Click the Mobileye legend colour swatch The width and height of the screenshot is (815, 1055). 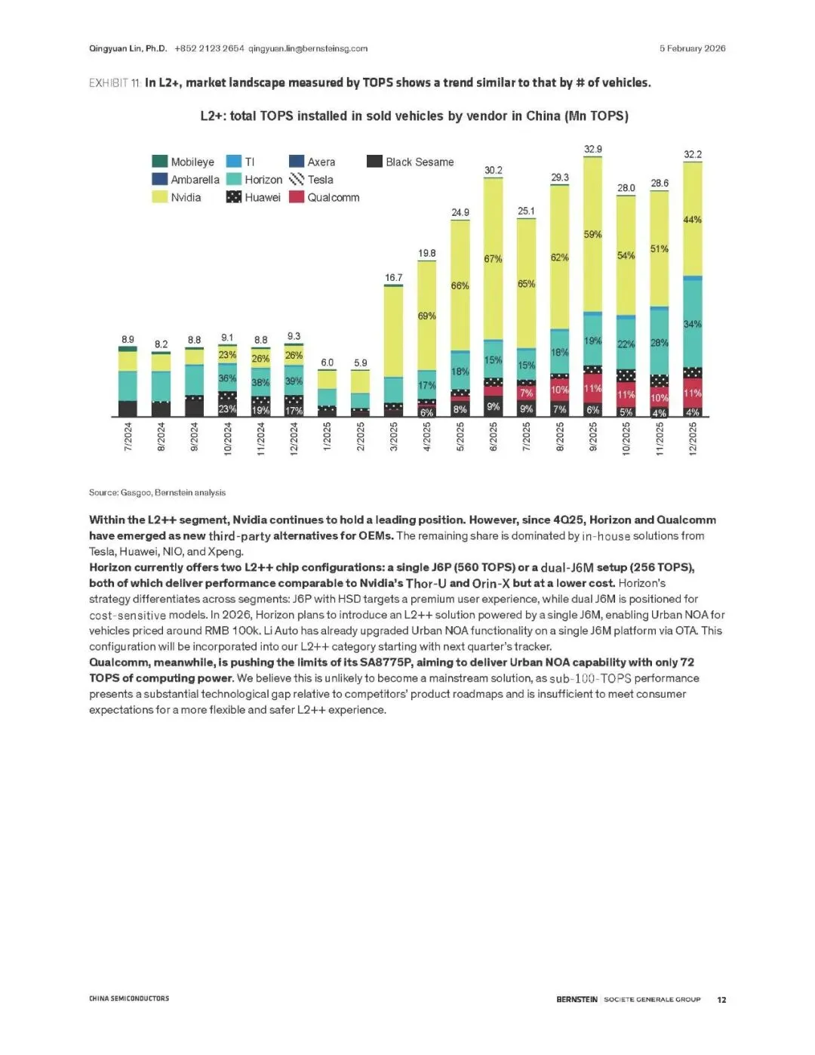click(159, 162)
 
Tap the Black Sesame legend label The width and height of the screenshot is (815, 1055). click(420, 162)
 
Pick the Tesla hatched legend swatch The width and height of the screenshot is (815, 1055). click(297, 180)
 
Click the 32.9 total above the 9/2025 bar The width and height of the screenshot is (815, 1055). click(593, 150)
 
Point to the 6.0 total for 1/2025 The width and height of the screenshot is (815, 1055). click(327, 362)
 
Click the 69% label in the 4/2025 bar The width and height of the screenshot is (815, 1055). click(427, 316)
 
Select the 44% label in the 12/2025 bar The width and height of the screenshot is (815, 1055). click(692, 220)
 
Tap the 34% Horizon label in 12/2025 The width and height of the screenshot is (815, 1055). click(692, 324)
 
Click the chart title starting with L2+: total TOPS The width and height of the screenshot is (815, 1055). click(414, 116)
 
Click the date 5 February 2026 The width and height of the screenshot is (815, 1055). click(692, 48)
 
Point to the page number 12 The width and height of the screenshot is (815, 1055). click(721, 999)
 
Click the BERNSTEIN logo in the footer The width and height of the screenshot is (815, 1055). click(577, 999)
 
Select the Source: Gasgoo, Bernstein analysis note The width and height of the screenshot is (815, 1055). click(157, 492)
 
